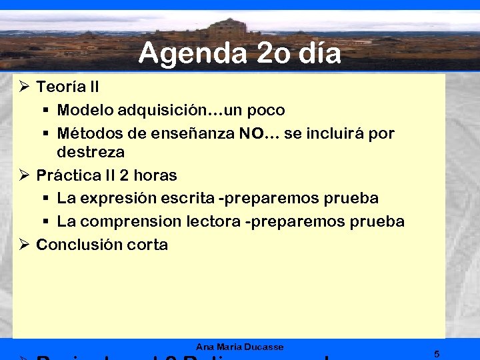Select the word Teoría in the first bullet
point(59,87)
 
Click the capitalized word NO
point(250,133)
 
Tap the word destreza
point(91,152)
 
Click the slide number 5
point(436,353)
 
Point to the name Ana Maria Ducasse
point(239,347)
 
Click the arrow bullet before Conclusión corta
point(23,245)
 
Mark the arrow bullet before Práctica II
point(23,175)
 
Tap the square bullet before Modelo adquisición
point(45,110)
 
